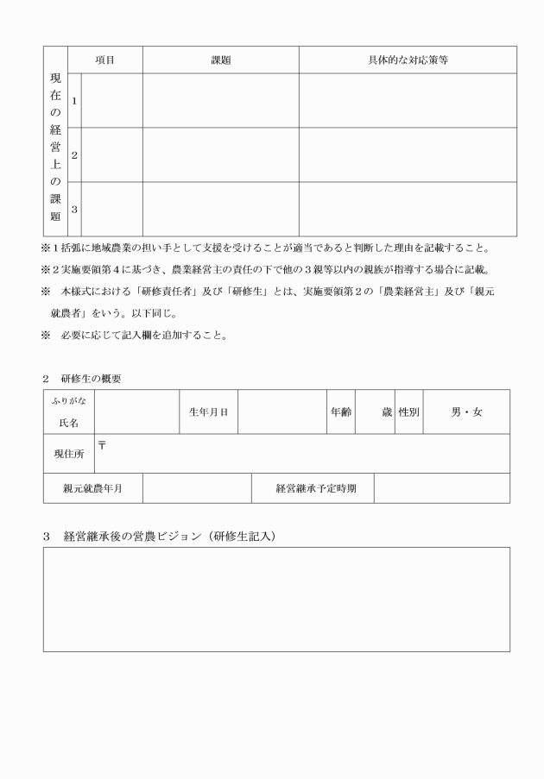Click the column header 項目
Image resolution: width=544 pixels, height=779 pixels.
pos(104,60)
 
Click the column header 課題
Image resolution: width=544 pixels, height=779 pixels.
pos(221,60)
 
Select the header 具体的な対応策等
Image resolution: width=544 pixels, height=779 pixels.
pos(408,60)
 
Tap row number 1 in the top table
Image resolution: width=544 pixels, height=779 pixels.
pos(74,101)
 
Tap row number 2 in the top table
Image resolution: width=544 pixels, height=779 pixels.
pos(74,155)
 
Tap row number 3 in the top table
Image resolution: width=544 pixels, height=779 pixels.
pos(74,209)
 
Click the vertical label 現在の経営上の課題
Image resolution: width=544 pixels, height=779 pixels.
pos(55,147)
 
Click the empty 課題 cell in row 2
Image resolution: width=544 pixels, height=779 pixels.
pos(221,155)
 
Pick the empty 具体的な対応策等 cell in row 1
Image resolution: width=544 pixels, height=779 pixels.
pos(408,101)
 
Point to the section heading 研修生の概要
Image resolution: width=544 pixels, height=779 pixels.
pos(91,379)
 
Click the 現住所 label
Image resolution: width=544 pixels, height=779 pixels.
pos(68,454)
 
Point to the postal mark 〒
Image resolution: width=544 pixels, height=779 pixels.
pos(102,443)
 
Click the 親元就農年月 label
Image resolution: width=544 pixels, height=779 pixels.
pos(92,488)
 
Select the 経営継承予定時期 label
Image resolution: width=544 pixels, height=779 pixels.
pos(312,488)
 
